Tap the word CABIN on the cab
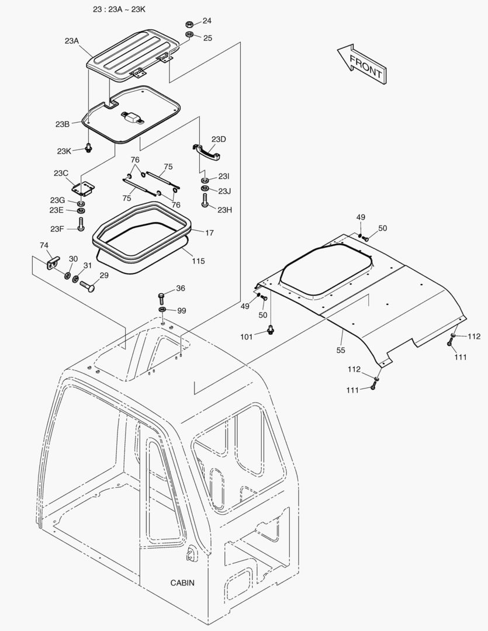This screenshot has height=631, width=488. tap(182, 583)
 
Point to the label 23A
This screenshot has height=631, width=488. tap(71, 41)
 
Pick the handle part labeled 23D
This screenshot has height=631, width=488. tap(206, 151)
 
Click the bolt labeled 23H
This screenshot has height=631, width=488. tap(205, 201)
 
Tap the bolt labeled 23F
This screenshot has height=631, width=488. tap(81, 224)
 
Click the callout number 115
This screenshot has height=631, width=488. tap(198, 261)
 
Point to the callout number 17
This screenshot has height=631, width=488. tap(209, 233)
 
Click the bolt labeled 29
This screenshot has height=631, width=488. tap(88, 285)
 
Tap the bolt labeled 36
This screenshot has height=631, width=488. tap(162, 297)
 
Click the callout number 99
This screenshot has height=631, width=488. tap(181, 311)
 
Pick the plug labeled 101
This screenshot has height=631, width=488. tap(270, 330)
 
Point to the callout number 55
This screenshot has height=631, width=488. tap(340, 350)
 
